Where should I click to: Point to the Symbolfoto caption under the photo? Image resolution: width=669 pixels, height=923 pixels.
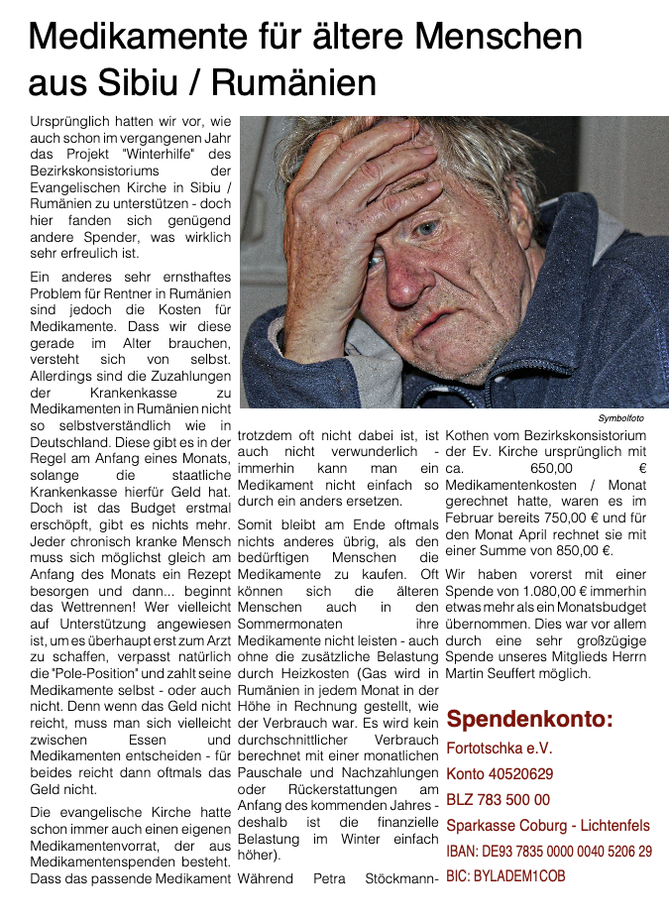point(620,418)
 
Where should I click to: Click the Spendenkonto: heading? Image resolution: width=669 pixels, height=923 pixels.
point(529,719)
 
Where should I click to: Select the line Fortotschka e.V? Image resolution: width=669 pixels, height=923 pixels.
point(499,749)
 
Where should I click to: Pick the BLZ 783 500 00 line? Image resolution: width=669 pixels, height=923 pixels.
point(498,800)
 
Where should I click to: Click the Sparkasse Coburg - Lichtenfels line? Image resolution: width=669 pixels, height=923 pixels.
point(548,826)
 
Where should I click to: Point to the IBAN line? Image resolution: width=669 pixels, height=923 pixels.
point(549,852)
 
